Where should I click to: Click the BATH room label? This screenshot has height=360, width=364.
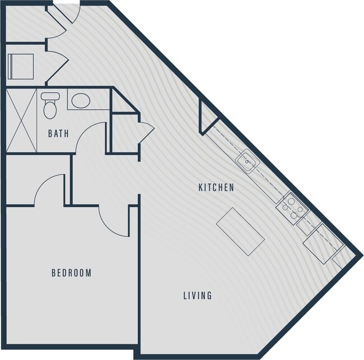coord(58,134)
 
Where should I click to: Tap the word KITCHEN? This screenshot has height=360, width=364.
coord(216,187)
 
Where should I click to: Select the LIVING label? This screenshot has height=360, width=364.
coord(197,295)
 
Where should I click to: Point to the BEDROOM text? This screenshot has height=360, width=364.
coord(71,273)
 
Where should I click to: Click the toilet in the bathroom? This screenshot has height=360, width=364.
coord(50,105)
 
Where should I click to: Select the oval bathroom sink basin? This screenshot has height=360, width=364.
coord(81,101)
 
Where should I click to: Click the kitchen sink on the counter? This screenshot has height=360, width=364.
coord(246,162)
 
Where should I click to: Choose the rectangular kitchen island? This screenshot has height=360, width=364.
coord(240,231)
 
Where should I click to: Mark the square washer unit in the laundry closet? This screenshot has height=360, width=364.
coord(21,66)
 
